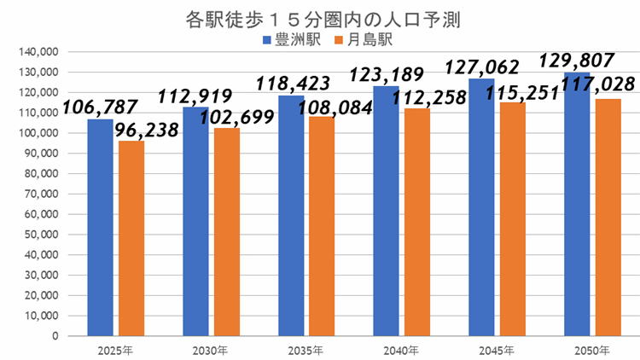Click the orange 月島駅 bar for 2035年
click(x=322, y=226)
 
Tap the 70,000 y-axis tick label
click(x=39, y=194)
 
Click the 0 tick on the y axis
click(x=53, y=335)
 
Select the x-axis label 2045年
click(x=497, y=350)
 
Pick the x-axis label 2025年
click(x=116, y=350)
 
